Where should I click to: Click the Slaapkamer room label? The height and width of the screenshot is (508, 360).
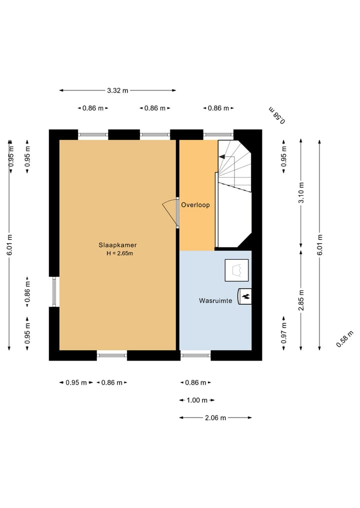coord(117,245)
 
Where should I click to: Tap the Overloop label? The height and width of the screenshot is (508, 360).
coord(195,205)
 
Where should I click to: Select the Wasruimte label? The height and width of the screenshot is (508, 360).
coord(215,301)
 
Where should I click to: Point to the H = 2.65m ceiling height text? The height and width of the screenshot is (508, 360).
coord(119,253)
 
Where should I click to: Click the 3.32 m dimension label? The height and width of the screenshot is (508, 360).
coord(117,91)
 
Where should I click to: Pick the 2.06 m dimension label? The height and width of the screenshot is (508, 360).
coord(215,418)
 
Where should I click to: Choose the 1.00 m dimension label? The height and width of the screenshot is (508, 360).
coord(197,401)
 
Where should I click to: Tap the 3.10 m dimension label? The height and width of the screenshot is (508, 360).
coord(301,192)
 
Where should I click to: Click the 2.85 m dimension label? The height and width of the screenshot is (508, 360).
coord(301,300)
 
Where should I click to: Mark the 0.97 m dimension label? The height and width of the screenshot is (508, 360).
coord(284,333)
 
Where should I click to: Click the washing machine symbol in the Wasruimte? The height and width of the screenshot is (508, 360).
coord(237,270)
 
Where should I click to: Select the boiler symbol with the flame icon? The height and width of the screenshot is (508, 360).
coord(245,296)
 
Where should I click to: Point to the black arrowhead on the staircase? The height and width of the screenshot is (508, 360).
coord(222,157)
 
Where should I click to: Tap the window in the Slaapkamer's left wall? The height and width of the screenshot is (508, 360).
coord(54,292)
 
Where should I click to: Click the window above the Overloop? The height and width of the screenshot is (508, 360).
coord(218,134)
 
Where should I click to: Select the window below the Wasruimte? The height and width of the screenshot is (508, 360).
coord(195,355)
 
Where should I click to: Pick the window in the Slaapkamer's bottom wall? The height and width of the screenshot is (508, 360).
coord(112,355)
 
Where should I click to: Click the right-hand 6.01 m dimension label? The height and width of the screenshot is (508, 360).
coord(320,245)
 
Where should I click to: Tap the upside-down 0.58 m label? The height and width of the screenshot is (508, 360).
coord(277,115)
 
